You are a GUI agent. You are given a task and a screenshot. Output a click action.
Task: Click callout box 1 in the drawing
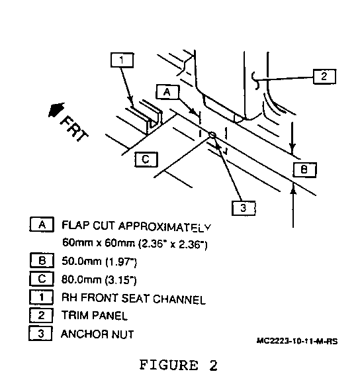[x=122, y=60]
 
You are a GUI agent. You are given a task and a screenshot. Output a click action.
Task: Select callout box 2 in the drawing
[x=324, y=76]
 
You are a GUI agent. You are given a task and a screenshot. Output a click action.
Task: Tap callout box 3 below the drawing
[x=244, y=208]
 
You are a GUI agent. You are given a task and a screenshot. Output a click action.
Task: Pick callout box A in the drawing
[x=167, y=92]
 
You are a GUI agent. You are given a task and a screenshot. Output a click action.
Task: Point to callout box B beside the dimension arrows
[x=304, y=170]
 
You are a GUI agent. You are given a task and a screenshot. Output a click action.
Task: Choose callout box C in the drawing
[x=146, y=160]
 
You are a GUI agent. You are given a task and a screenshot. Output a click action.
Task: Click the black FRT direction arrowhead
[x=56, y=109]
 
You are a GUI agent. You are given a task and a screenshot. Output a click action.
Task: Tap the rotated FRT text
[x=74, y=128]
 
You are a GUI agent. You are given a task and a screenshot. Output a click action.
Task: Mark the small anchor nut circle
[x=212, y=135]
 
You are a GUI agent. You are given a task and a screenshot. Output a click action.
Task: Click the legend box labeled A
[x=42, y=224]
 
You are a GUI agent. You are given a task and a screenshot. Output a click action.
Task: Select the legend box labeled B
[x=42, y=260]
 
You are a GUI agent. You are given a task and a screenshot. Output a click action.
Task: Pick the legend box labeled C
[x=42, y=279]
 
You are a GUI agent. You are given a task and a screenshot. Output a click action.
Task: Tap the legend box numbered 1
[x=41, y=297]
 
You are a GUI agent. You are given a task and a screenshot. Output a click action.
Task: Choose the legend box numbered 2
[x=41, y=315]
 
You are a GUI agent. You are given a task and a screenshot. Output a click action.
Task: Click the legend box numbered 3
[x=40, y=333]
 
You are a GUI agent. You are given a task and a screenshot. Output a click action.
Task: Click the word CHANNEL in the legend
[x=179, y=299]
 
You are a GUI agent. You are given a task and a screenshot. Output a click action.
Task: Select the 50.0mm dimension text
[x=81, y=262]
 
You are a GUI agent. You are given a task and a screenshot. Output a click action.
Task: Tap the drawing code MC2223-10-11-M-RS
[x=297, y=341]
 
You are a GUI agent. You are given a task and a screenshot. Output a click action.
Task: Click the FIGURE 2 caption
[x=179, y=365]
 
